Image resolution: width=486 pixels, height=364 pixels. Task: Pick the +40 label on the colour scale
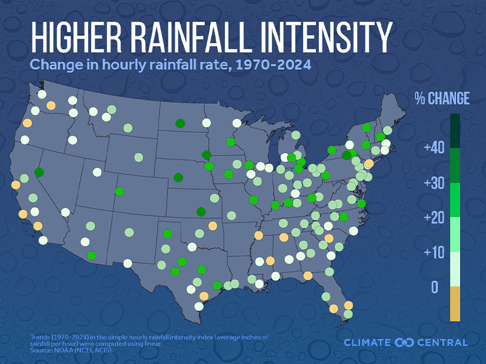click(x=434, y=148)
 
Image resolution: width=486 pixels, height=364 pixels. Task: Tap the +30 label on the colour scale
click(x=434, y=183)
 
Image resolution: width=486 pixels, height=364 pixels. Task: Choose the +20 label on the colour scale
click(x=434, y=218)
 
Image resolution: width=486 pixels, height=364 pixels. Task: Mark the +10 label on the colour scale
click(x=434, y=252)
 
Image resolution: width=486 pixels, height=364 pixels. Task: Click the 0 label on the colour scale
click(x=435, y=287)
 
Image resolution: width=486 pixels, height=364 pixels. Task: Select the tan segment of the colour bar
click(x=455, y=304)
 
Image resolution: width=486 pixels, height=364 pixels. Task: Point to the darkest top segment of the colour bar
click(x=455, y=130)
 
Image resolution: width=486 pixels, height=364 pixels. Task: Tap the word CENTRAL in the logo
click(x=442, y=342)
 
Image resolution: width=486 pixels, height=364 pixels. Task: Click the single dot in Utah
click(x=97, y=172)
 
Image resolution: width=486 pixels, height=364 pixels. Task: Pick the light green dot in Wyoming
click(x=138, y=157)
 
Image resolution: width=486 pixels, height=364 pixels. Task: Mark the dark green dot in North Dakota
click(x=180, y=123)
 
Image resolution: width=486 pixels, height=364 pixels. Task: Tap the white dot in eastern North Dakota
click(x=206, y=123)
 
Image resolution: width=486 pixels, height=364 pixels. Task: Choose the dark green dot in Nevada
click(x=39, y=172)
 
